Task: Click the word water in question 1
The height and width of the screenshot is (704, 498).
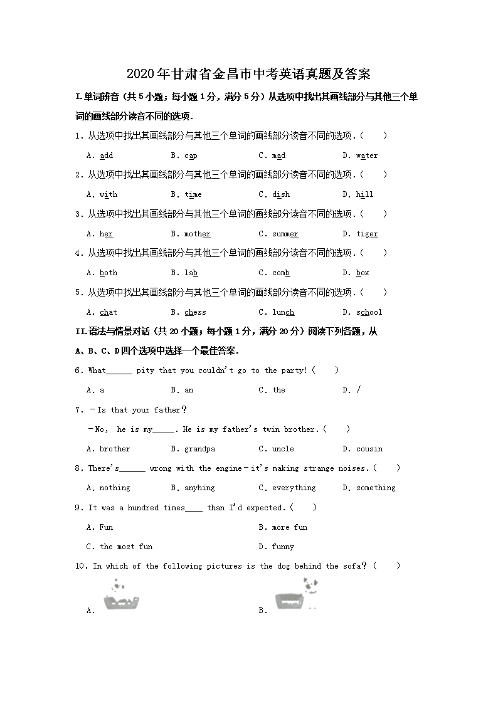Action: [x=367, y=155]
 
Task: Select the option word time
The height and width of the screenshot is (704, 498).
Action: [x=193, y=194]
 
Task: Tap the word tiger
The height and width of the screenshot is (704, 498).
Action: [x=367, y=234]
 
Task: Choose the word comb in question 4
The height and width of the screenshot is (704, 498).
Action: [x=281, y=273]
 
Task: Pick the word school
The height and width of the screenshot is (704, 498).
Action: [x=369, y=312]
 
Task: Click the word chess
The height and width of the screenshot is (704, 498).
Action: [x=195, y=312]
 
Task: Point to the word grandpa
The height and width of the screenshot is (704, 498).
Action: [x=199, y=449]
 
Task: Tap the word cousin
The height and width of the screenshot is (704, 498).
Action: [x=369, y=449]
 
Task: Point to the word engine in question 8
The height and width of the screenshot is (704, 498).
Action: [x=229, y=468]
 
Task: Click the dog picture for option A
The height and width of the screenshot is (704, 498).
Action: [x=121, y=596]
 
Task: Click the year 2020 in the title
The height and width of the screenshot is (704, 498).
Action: [x=140, y=74]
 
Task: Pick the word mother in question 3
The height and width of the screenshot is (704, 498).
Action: [x=198, y=234]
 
